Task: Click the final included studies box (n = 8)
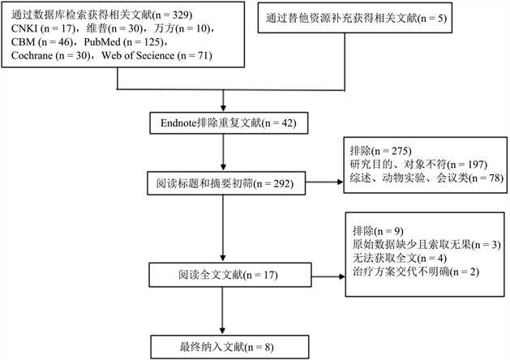pyautogui.click(x=222, y=346)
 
